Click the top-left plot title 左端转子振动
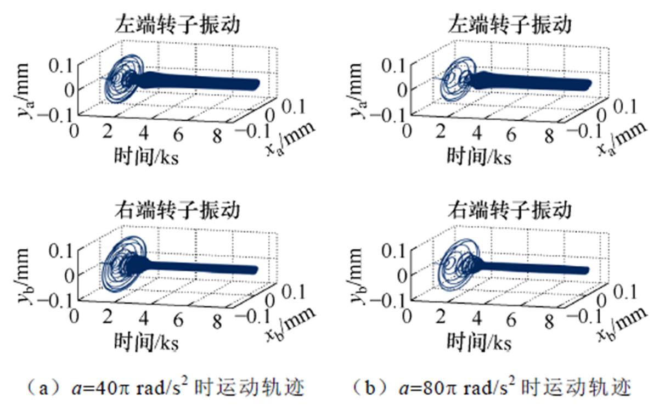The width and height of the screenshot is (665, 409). (x=177, y=25)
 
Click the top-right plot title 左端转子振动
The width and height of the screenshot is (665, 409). (x=509, y=25)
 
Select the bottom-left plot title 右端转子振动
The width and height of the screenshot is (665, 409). (x=177, y=210)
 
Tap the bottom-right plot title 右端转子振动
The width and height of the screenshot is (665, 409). (x=509, y=210)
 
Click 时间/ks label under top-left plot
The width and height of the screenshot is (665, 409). (x=146, y=156)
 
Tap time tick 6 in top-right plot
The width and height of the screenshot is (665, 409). (x=512, y=133)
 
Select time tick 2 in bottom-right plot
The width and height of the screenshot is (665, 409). (x=441, y=317)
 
